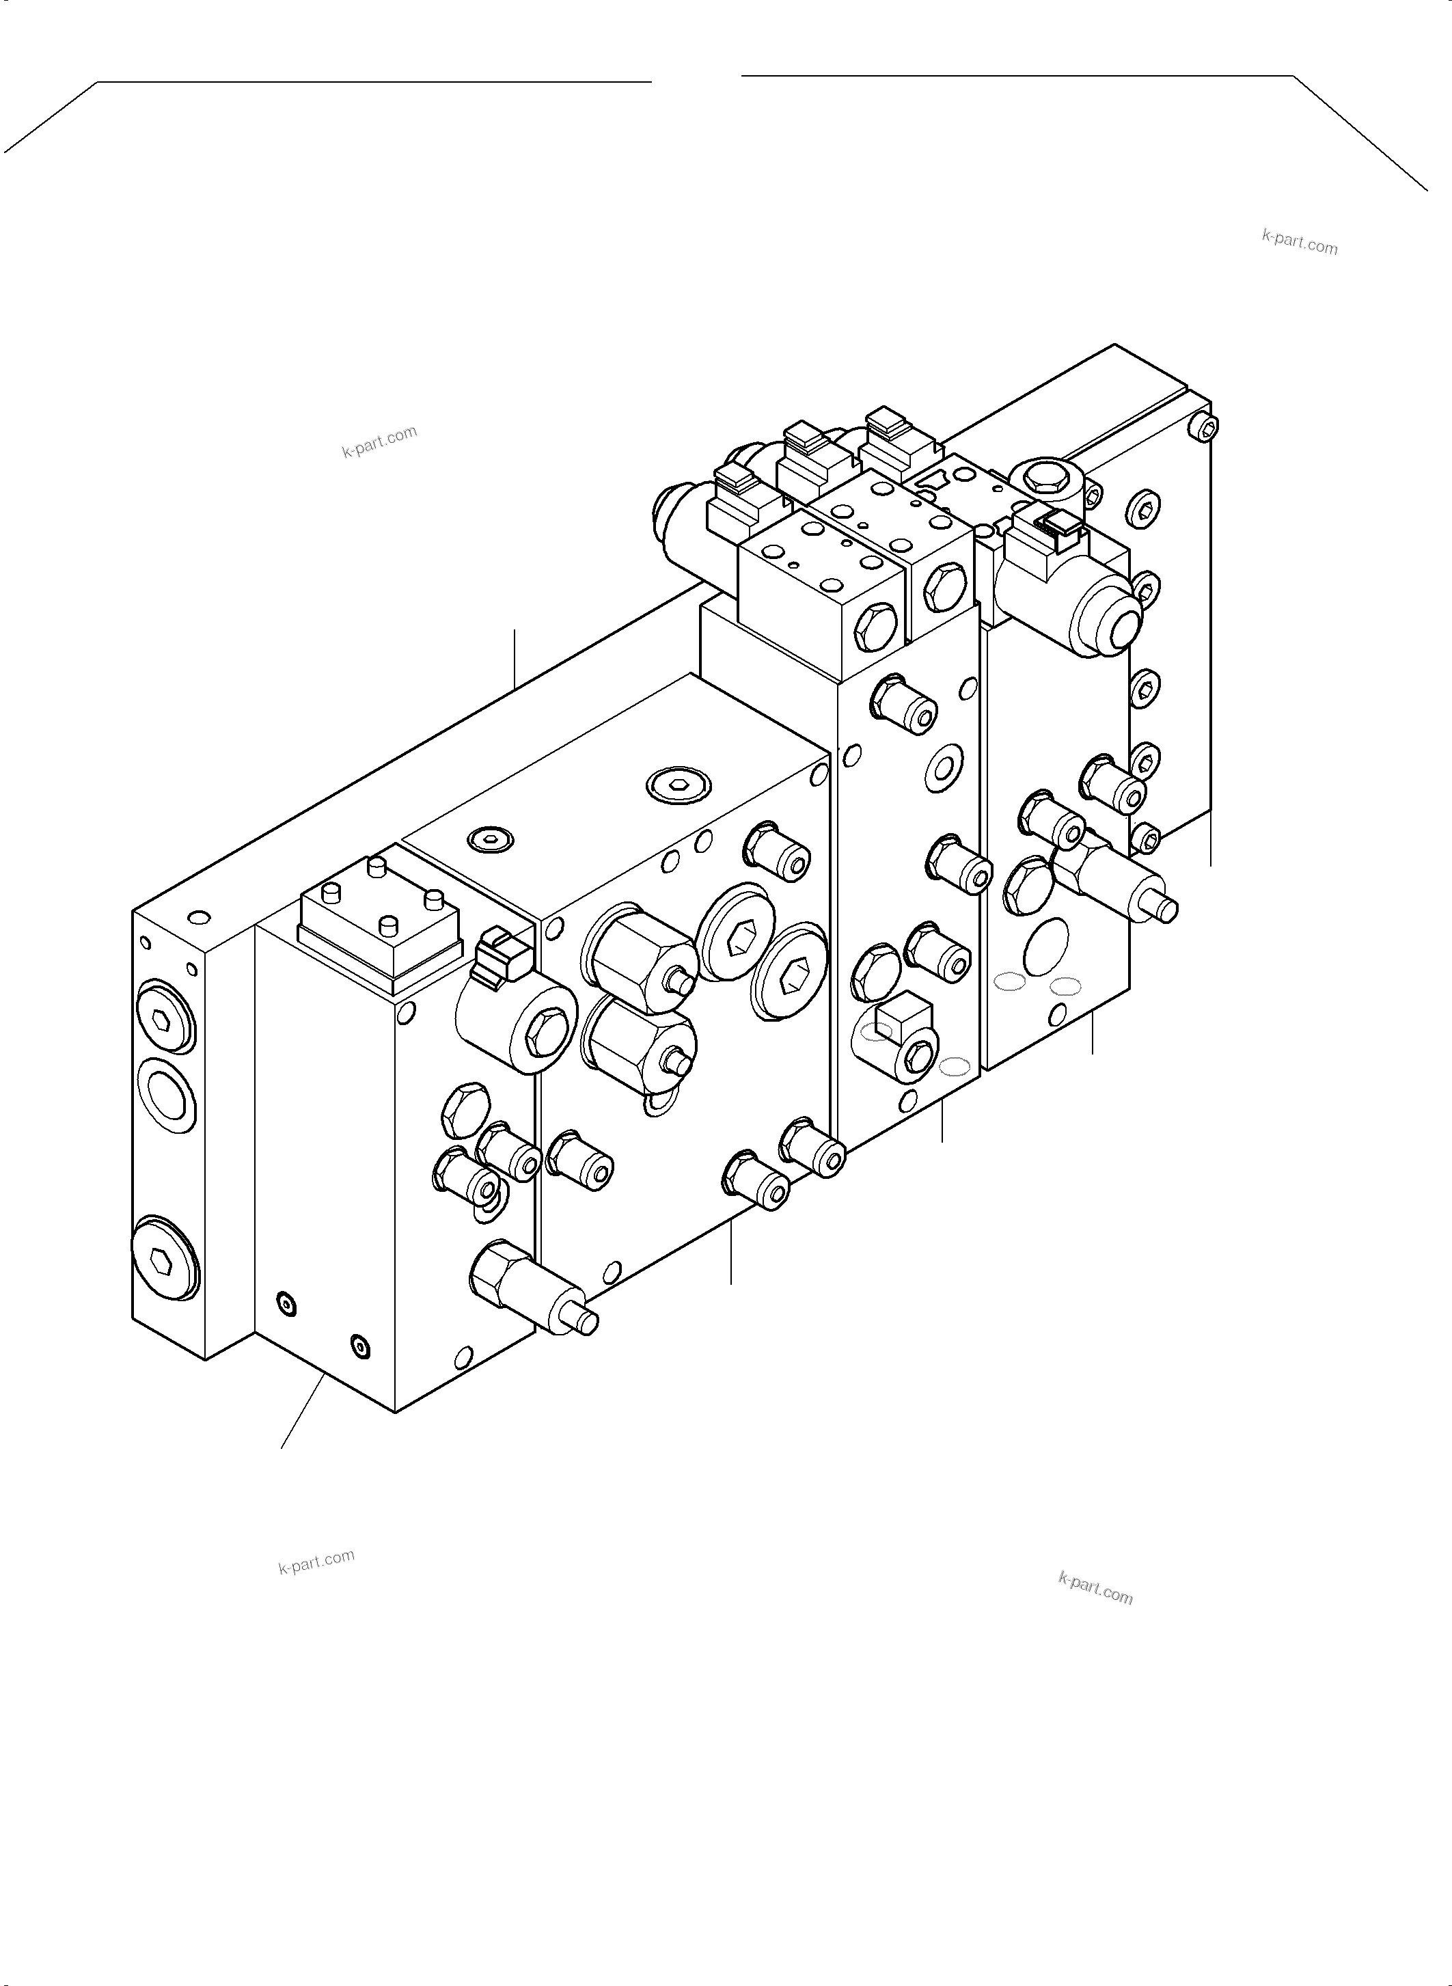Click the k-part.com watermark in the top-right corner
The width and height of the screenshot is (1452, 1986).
(x=1299, y=242)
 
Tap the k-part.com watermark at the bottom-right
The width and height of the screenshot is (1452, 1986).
(x=1095, y=1589)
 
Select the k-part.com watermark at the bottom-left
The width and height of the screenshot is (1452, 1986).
(x=316, y=1562)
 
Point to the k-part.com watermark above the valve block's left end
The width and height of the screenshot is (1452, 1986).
(x=380, y=442)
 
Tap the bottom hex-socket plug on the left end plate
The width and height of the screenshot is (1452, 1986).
(x=165, y=1258)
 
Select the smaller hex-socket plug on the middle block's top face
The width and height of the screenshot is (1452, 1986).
(x=489, y=841)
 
